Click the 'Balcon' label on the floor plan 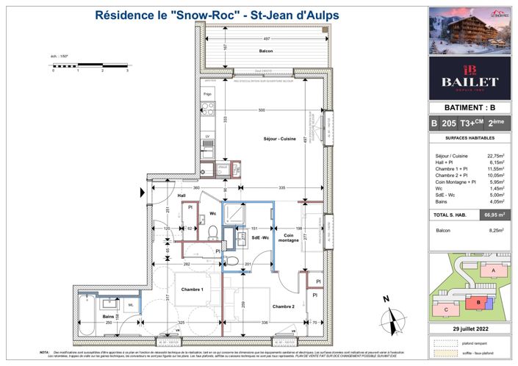[x=246, y=51]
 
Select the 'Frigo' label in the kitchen [x=208, y=94]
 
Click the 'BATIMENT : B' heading [x=470, y=107]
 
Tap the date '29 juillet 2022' [x=470, y=329]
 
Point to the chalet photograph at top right [x=470, y=29]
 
